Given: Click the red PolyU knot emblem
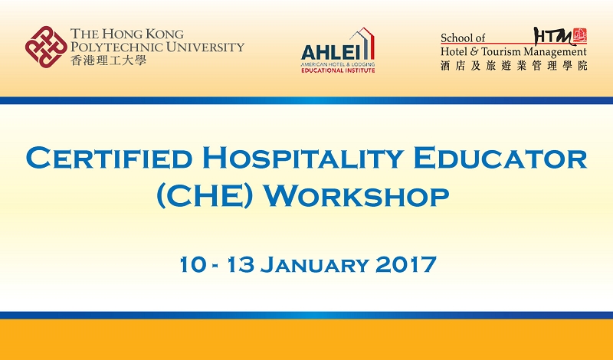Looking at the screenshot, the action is coord(46,47).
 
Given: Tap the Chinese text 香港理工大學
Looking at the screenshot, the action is coord(109,61).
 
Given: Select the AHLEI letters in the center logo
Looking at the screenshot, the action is coord(330,52).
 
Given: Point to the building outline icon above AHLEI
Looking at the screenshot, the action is coord(362,44).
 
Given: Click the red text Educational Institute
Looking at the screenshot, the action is coord(338,70).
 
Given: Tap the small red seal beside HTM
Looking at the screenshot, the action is coord(580,35).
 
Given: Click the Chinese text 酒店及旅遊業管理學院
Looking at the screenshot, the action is coord(513,66).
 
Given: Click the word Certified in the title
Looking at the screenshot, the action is coord(109,158).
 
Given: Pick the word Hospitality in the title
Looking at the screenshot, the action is coord(303,158).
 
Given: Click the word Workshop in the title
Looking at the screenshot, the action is coord(356,196).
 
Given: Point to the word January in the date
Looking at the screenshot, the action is coord(314,264).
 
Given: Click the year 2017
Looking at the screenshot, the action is coord(406,264).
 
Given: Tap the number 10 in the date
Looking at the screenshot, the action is coord(192,264).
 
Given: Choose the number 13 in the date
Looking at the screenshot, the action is coord(241,264).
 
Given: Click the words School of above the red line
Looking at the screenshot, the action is coord(463,38).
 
